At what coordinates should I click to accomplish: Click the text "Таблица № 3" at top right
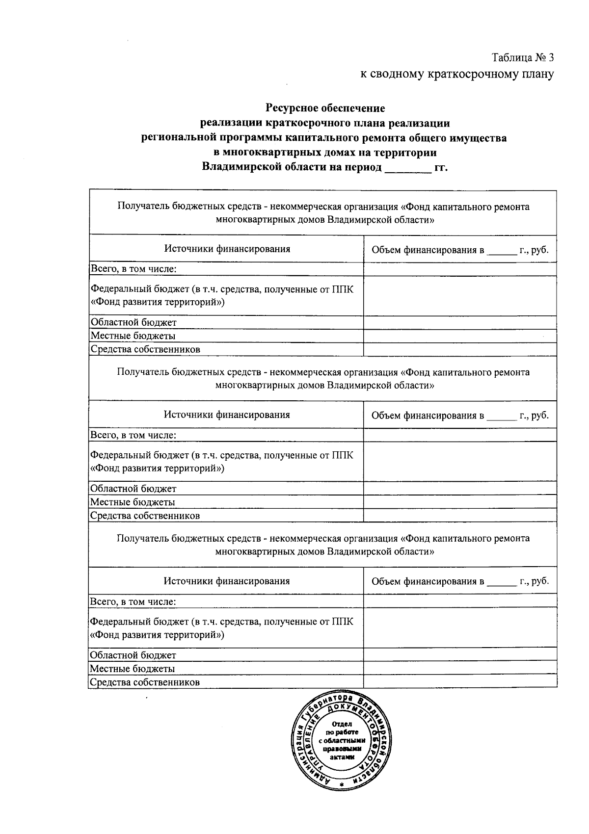click(523, 58)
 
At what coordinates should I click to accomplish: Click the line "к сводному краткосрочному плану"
click(457, 74)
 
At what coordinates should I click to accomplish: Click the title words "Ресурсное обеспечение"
click(325, 107)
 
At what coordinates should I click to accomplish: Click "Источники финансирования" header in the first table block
click(227, 249)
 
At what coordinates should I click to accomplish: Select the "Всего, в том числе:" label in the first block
click(134, 269)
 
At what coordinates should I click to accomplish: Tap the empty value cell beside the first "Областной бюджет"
click(460, 322)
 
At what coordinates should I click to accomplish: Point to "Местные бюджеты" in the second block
click(133, 502)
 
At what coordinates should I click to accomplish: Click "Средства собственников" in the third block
click(145, 682)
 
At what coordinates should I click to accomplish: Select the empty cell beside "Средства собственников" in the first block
click(460, 349)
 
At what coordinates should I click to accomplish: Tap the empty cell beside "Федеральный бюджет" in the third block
click(460, 627)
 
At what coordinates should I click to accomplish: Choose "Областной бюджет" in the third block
click(133, 655)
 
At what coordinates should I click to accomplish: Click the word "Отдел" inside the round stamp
click(342, 724)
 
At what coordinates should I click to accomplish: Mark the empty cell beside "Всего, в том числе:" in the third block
click(460, 601)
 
